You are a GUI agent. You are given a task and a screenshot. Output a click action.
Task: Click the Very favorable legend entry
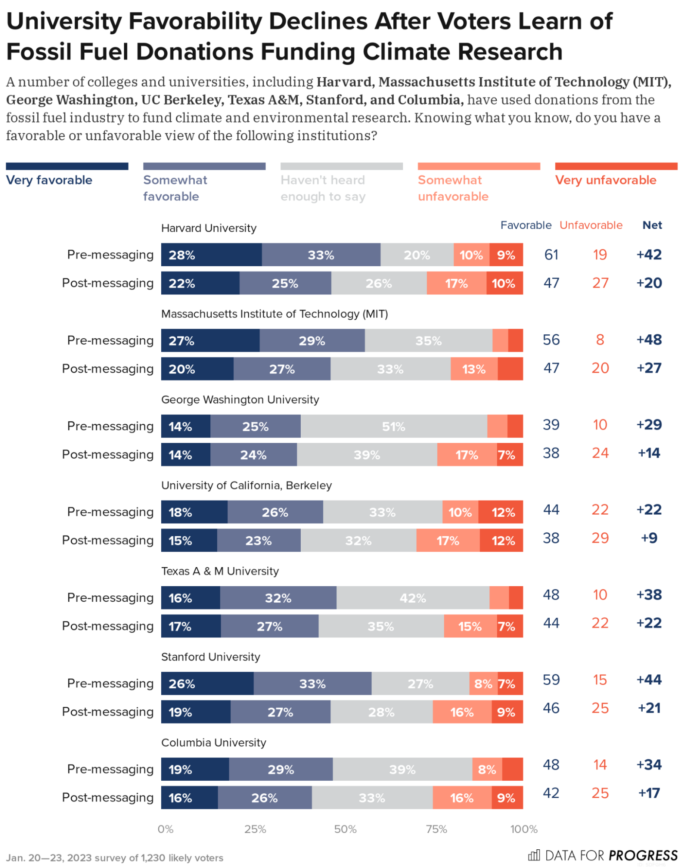pos(49,180)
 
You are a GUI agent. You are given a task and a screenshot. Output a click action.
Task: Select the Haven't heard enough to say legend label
pos(323,188)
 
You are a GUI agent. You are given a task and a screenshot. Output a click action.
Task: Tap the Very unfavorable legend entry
pos(605,180)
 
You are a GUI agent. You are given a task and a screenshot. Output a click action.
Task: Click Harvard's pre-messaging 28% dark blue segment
pos(211,255)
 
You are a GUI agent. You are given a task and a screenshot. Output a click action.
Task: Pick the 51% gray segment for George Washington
pos(393,426)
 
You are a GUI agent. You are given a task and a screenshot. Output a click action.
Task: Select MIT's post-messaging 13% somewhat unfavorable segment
pos(474,369)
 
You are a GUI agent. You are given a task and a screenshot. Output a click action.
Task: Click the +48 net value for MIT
pos(648,340)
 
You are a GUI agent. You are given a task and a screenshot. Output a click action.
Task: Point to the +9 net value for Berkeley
pos(649,538)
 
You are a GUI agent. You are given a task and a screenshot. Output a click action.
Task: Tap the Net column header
pos(652,225)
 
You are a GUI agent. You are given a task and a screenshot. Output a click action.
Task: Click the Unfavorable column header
pos(591,225)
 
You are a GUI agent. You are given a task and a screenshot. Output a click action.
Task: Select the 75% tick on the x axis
pos(436,829)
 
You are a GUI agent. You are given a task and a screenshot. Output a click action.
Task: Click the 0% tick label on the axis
pos(166,829)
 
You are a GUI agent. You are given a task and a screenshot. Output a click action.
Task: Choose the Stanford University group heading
pos(210,657)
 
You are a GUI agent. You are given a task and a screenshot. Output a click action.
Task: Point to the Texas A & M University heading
pos(220,571)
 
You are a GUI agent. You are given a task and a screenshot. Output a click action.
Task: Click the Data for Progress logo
pos(602,855)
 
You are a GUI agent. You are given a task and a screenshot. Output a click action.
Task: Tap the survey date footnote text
pos(115,858)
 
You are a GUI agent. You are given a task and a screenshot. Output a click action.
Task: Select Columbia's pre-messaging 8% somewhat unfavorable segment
pos(487,769)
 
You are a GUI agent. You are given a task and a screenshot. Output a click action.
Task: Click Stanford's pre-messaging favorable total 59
pos(551,680)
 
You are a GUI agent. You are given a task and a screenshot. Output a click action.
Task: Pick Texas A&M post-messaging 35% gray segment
pos(381,626)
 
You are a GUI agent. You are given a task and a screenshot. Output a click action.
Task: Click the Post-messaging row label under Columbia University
pos(108,798)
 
